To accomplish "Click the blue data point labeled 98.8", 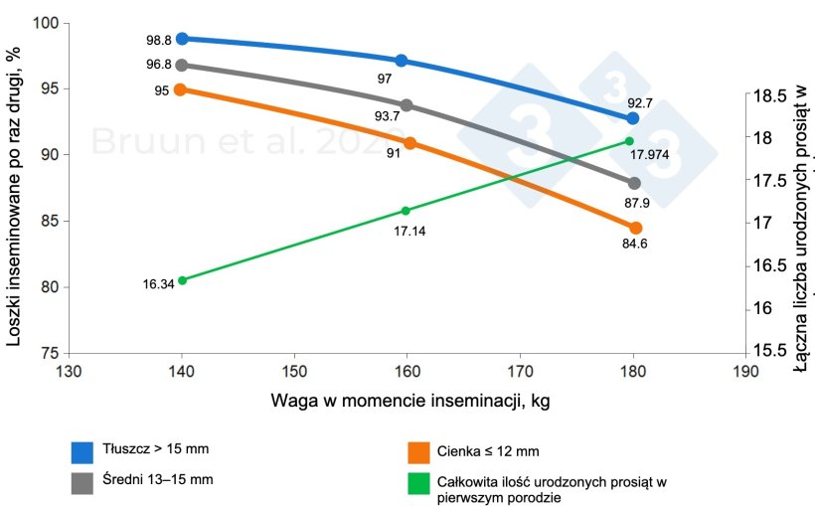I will coord(182,39).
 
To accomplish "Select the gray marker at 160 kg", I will coord(407,104).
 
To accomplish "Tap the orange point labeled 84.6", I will coord(635,228).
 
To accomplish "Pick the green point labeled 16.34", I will coord(182,280).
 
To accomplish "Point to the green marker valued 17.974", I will coord(630,140).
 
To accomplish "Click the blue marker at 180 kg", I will coord(632,118).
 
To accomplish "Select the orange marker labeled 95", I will coord(180,89).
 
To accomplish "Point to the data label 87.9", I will coord(636,203).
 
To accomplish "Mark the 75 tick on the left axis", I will coord(48,353).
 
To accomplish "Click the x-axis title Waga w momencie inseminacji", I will coord(408,402).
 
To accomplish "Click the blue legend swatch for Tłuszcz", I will coord(82,452).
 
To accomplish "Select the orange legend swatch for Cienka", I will coord(420,452).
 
